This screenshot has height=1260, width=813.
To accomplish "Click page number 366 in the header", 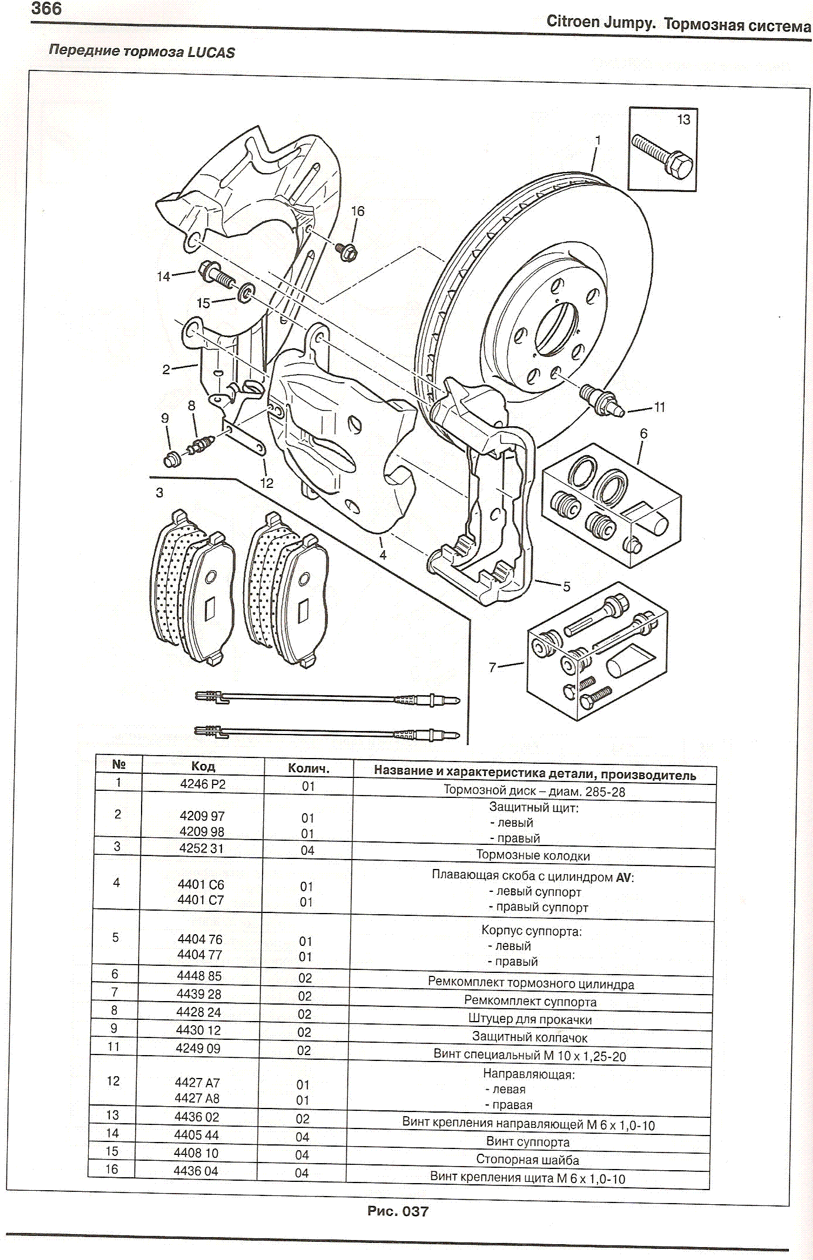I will [46, 9].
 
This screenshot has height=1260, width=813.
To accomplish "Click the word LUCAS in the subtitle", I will [211, 52].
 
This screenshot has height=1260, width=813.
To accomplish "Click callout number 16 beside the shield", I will [357, 211].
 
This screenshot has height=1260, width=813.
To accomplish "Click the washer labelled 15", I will [246, 292].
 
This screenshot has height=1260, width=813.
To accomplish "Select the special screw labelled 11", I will [601, 401].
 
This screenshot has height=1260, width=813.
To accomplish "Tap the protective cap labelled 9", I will [172, 459].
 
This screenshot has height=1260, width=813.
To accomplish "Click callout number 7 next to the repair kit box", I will [492, 667].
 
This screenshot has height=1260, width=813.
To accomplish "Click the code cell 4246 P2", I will [203, 784].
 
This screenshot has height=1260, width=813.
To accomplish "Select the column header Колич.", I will [308, 768].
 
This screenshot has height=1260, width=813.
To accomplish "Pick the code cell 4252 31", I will [201, 848].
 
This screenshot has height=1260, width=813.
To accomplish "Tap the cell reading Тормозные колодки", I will [533, 855].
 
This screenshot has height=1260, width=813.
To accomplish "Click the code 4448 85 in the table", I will [199, 975].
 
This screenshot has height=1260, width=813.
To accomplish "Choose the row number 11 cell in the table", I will [113, 1046].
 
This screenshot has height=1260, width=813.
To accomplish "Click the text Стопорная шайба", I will [528, 1160].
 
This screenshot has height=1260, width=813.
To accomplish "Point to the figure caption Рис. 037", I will [398, 1211].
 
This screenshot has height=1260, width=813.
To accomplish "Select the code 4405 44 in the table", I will [196, 1134].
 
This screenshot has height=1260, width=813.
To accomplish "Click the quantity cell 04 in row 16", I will [301, 1173].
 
